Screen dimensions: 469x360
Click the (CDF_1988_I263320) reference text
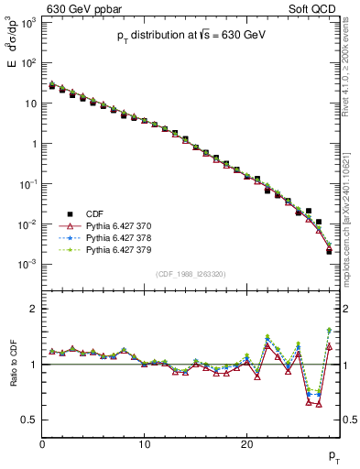point(190,273)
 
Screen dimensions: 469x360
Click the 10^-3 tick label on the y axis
point(27,264)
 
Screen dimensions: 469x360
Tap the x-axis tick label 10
point(144,444)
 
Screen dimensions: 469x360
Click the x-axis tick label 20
point(246,444)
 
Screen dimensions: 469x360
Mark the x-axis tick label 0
point(42,444)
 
